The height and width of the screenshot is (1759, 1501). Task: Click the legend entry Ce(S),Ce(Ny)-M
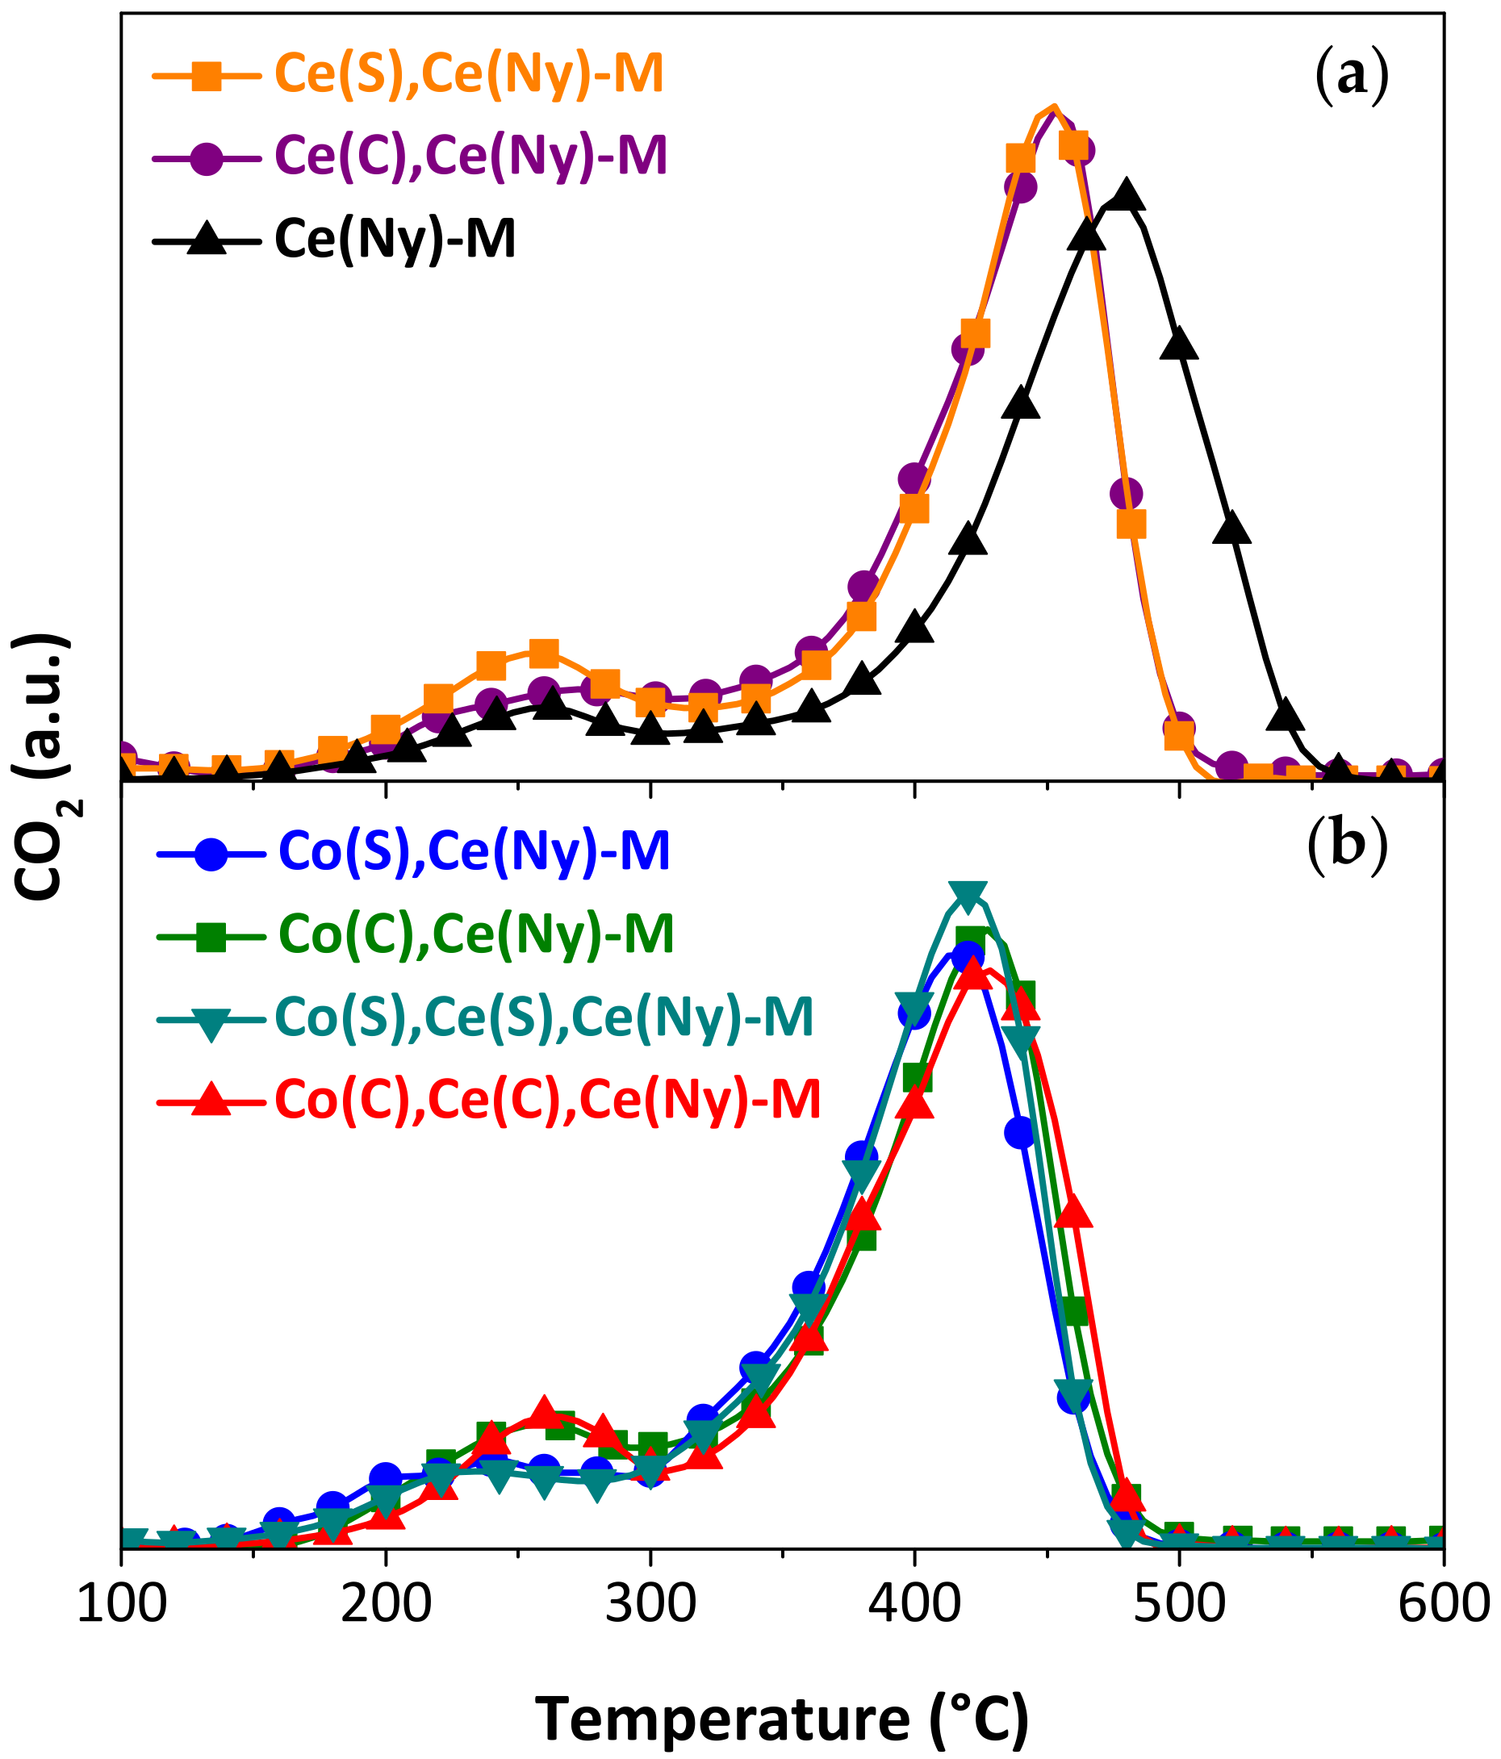tap(469, 75)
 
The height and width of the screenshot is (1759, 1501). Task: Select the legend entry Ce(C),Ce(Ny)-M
tap(471, 156)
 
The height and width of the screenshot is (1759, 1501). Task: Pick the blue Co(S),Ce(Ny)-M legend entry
tap(474, 851)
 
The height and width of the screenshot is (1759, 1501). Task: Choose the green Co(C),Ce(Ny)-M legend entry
tap(475, 934)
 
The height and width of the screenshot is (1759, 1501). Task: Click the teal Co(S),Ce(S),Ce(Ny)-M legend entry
tap(543, 1016)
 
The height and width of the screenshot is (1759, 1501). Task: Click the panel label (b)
tap(1348, 847)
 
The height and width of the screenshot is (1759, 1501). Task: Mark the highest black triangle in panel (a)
tap(1127, 196)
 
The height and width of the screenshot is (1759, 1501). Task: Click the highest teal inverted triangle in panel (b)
tap(968, 894)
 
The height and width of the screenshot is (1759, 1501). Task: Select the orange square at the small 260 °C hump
tap(543, 652)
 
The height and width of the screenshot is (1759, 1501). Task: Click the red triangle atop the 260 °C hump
tap(544, 1412)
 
